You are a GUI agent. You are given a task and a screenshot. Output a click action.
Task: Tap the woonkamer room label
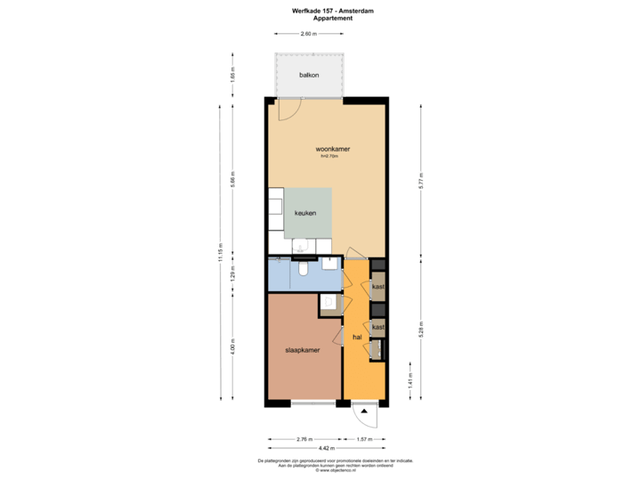(x=331, y=149)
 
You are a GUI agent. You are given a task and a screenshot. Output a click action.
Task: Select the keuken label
(x=306, y=213)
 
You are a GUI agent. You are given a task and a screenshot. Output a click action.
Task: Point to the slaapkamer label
(x=303, y=350)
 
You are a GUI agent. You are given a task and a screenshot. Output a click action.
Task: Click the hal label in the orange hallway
(x=357, y=337)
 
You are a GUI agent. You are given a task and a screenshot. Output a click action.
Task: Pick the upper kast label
(x=378, y=287)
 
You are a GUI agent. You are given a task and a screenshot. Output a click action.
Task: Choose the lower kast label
(x=378, y=327)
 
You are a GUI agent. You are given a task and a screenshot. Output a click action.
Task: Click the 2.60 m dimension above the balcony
(x=308, y=34)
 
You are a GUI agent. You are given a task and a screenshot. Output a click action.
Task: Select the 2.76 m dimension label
(x=303, y=439)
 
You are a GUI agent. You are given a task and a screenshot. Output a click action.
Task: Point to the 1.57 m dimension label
(x=364, y=439)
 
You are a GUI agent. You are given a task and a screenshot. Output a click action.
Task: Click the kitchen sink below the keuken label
(x=302, y=245)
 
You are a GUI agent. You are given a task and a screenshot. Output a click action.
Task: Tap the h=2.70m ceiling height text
(x=330, y=157)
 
